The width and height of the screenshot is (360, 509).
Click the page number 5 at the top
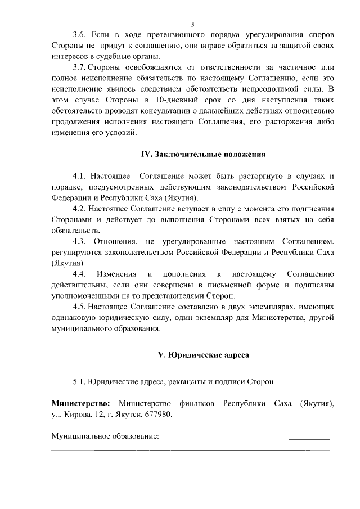coord(192,25)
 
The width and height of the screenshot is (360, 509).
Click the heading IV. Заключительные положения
coord(203,154)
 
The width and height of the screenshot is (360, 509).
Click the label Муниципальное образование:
coord(105,436)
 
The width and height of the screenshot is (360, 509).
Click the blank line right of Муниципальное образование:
coord(245,438)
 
